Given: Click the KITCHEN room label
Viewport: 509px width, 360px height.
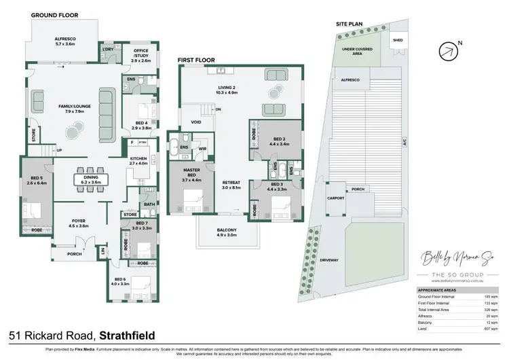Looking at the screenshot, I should pyautogui.click(x=138, y=161).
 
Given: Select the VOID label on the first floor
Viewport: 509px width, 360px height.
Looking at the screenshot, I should pyautogui.click(x=196, y=123).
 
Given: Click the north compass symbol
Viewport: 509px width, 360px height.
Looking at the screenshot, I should pyautogui.click(x=447, y=52).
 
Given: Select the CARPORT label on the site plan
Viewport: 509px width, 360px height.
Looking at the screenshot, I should pyautogui.click(x=335, y=198).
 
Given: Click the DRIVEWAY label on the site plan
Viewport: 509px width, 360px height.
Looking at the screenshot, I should pyautogui.click(x=328, y=259).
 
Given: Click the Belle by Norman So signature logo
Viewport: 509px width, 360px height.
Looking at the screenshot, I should pyautogui.click(x=450, y=258).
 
